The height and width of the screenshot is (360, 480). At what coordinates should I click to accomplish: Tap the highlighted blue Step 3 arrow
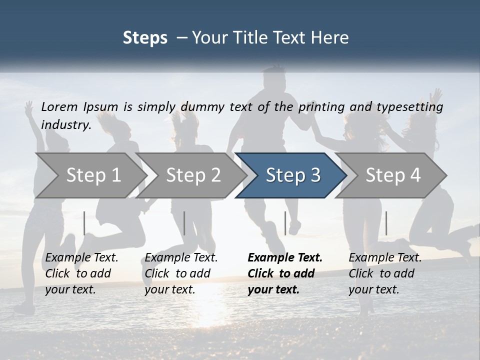pyautogui.click(x=293, y=175)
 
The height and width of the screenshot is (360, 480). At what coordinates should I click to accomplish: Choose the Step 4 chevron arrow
pyautogui.click(x=393, y=175)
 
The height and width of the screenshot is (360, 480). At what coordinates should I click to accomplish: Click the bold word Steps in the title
pyautogui.click(x=145, y=38)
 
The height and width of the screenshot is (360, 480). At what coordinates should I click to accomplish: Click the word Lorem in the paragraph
pyautogui.click(x=59, y=106)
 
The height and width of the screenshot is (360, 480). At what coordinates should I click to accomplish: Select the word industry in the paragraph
pyautogui.click(x=66, y=125)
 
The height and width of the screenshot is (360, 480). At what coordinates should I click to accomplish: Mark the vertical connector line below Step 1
pyautogui.click(x=84, y=223)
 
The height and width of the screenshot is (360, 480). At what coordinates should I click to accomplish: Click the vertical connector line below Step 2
pyautogui.click(x=184, y=223)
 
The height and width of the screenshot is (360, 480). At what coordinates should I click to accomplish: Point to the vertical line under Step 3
pyautogui.click(x=285, y=223)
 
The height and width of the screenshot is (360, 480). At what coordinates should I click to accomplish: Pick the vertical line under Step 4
pyautogui.click(x=386, y=223)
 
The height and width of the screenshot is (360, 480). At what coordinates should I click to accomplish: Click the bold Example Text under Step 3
pyautogui.click(x=285, y=258)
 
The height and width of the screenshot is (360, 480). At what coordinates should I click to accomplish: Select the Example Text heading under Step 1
pyautogui.click(x=81, y=258)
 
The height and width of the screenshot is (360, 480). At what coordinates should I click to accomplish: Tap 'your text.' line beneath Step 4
pyautogui.click(x=373, y=290)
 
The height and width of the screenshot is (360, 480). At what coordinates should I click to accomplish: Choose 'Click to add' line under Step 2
pyautogui.click(x=177, y=274)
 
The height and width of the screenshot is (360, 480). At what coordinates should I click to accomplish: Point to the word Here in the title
pyautogui.click(x=331, y=38)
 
